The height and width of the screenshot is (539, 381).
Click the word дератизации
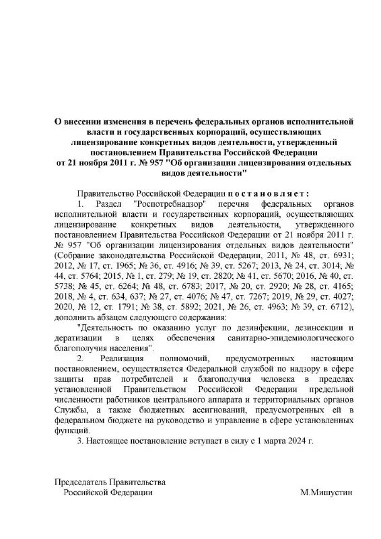click(x=75, y=338)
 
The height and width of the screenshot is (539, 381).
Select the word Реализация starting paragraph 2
click(x=125, y=358)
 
